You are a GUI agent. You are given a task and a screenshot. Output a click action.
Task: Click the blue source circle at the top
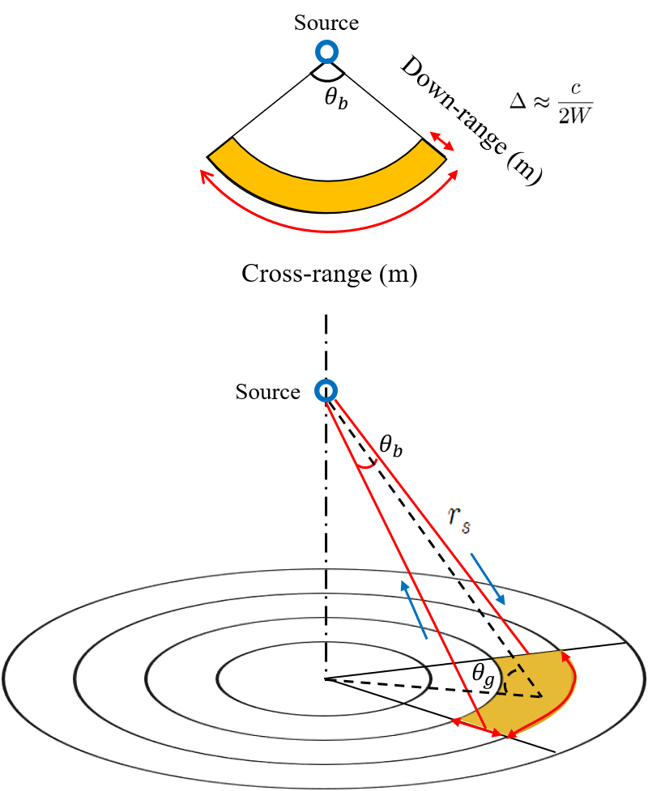coord(326,52)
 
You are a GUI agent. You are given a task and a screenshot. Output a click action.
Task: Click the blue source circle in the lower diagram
coord(326,390)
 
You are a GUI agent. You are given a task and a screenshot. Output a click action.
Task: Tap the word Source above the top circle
coord(326,23)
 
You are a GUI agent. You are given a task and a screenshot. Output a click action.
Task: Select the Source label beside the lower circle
coord(267,392)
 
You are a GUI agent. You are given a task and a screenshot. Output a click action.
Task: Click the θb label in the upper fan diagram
coord(336,97)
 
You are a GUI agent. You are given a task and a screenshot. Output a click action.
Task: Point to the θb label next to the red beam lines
coord(390,445)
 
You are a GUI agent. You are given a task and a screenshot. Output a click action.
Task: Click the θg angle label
coord(483,675)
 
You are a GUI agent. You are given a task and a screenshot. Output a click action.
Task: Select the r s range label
coord(459,520)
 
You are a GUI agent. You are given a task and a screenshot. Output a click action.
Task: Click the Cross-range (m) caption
coord(330,274)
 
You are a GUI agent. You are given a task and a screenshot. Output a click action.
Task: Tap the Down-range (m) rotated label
coord(471,120)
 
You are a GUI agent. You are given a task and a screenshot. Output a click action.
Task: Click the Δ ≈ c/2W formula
coord(551,102)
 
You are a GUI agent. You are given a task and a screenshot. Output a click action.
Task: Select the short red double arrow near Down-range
coord(441,141)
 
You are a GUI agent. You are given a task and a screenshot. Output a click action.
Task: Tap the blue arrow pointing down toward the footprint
coord(488,579)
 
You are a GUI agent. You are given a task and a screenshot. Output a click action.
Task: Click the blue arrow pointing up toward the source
coord(415,610)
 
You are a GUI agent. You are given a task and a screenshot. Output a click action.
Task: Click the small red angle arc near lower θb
coord(367,465)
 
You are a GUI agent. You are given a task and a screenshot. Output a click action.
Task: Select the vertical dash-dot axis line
coord(326,497)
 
